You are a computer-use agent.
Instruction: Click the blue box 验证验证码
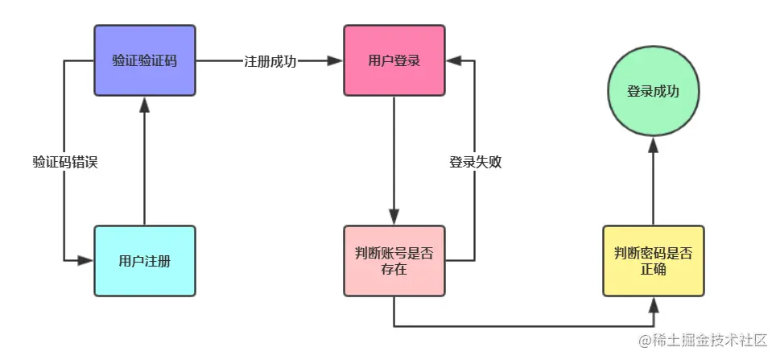pos(145,60)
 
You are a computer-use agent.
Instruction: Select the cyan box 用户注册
pos(145,261)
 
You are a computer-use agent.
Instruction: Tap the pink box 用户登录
pos(394,60)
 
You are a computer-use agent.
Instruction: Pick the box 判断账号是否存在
pos(394,261)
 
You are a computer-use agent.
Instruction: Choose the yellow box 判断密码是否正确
pos(653,261)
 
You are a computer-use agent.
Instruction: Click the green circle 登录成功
pos(653,91)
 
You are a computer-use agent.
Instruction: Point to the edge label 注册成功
pos(270,61)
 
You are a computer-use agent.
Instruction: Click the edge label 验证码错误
pos(64,161)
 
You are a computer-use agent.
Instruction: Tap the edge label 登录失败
pos(475,161)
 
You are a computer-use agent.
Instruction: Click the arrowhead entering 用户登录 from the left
pos(336,60)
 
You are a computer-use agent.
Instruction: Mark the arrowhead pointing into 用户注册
pos(87,261)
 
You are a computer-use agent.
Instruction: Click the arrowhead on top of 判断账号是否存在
pos(394,217)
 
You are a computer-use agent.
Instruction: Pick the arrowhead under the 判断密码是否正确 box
pos(653,304)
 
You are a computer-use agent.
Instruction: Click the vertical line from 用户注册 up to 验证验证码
pos(145,169)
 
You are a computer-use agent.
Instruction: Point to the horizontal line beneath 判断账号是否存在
pos(523,326)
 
